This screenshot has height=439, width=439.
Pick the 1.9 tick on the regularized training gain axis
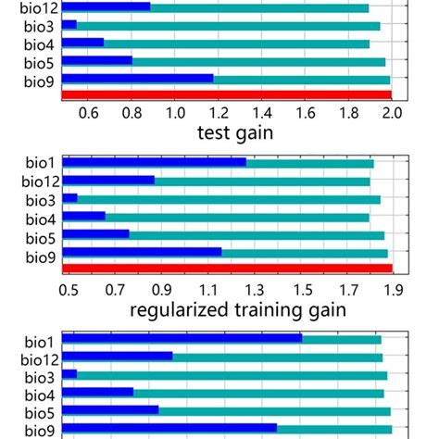tap(393, 289)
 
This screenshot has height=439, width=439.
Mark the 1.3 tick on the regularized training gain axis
tap(253, 289)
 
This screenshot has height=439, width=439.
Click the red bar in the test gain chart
tap(227, 94)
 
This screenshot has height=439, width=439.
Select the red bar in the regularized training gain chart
tap(227, 269)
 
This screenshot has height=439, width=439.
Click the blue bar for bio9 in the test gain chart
tap(137, 79)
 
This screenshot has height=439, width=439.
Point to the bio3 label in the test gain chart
tap(39, 26)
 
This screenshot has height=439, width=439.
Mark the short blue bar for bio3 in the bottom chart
tap(69, 374)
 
